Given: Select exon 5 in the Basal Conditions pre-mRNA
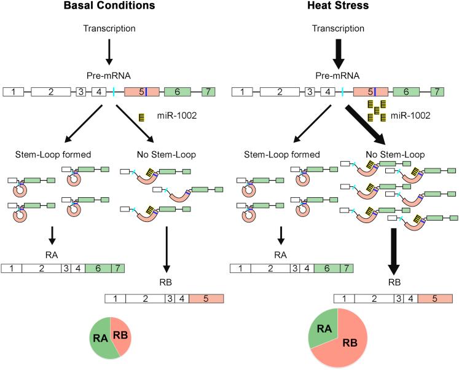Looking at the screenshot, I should coord(141,92).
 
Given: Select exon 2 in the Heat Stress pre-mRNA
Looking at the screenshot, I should coord(280,92).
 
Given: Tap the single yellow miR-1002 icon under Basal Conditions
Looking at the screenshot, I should coord(143,116).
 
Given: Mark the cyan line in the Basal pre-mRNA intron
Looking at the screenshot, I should coord(114,92).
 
